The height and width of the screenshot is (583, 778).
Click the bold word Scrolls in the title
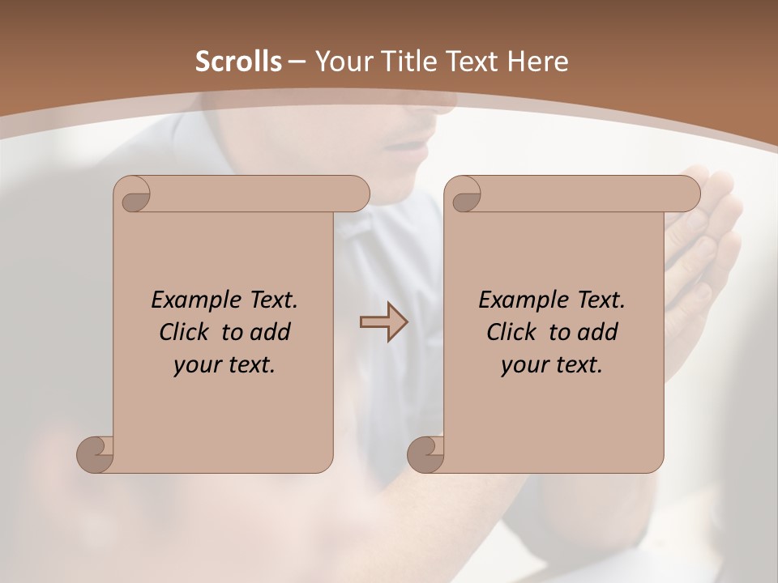coord(239,62)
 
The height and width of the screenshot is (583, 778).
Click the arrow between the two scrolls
coord(383,322)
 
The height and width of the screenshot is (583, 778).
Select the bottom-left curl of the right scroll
coord(425,454)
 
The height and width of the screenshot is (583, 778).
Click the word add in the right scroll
coord(599,332)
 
